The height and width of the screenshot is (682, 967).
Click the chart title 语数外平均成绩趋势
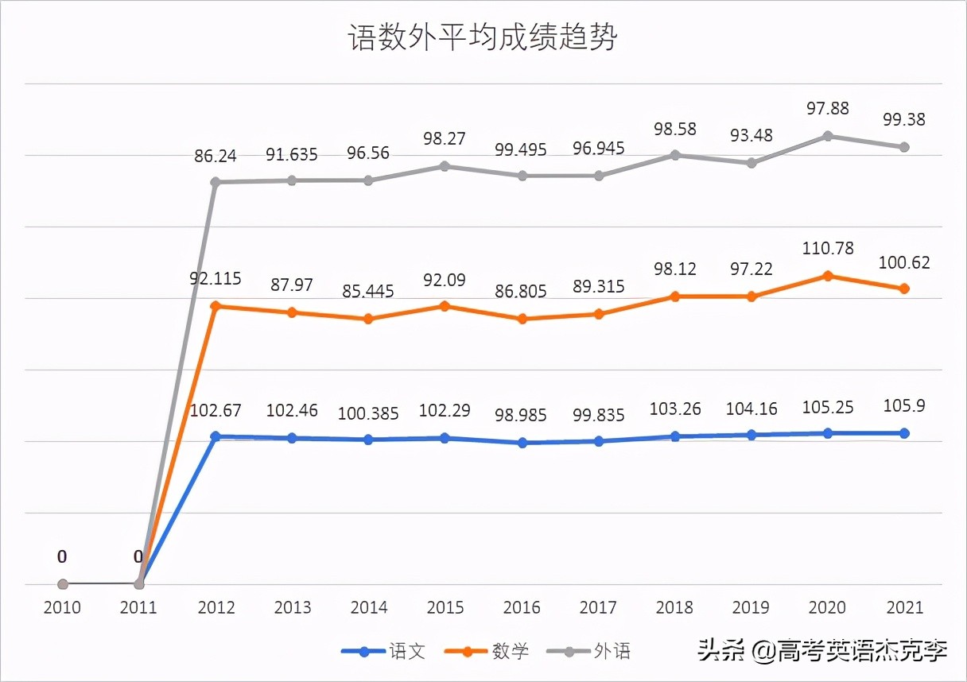click(x=483, y=38)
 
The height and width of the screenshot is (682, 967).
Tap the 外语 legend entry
click(x=612, y=652)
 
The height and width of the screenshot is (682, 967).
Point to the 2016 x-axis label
click(x=522, y=608)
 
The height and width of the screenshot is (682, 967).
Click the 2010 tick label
click(x=63, y=608)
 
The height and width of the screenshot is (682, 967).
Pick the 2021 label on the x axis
click(x=904, y=608)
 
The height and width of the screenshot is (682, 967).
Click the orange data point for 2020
click(x=828, y=276)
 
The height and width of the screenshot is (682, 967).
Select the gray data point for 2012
click(x=215, y=182)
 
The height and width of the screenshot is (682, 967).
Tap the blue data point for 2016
click(x=522, y=443)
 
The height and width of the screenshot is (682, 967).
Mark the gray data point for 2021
click(x=904, y=147)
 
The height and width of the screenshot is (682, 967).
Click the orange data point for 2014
click(x=369, y=319)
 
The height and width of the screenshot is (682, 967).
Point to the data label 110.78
click(x=828, y=249)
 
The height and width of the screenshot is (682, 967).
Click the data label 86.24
click(x=216, y=157)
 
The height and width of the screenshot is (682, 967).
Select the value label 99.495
click(x=522, y=150)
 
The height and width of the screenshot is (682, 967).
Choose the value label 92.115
click(x=215, y=280)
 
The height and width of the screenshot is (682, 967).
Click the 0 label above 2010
click(x=62, y=557)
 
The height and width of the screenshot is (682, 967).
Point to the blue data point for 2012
click(x=215, y=436)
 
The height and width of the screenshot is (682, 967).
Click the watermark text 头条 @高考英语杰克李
click(x=823, y=653)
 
